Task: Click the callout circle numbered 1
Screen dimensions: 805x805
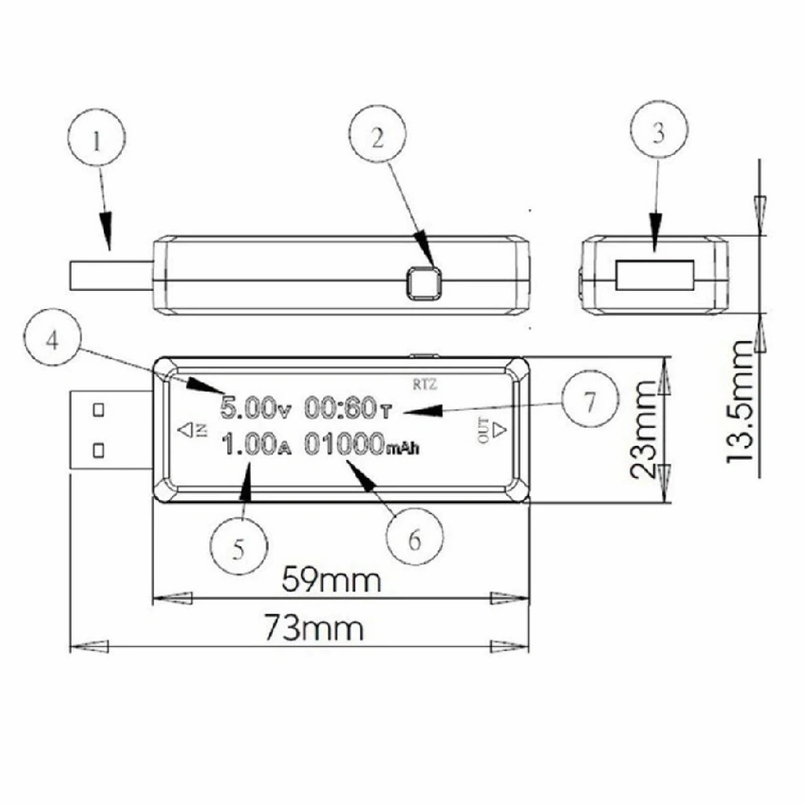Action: coord(97,138)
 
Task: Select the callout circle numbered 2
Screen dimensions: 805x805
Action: coord(377,134)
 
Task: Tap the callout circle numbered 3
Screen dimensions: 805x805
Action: coord(659,130)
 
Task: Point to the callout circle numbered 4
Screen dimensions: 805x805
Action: coord(52,337)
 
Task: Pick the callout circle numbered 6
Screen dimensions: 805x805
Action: coord(415,536)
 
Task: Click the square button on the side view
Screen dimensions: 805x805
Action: coord(424,283)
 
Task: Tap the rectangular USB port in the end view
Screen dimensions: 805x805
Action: coord(656,275)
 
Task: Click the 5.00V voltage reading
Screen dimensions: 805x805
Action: coord(255,408)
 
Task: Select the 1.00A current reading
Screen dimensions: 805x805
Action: coord(256,445)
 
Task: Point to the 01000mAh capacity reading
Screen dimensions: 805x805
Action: coord(362,445)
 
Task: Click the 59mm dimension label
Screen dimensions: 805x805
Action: coord(332,579)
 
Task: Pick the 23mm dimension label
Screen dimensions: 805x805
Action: coord(643,430)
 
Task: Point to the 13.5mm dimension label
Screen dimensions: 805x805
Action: coord(739,401)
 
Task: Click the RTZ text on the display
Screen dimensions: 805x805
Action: coord(425,384)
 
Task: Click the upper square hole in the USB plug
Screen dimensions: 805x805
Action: coord(98,410)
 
